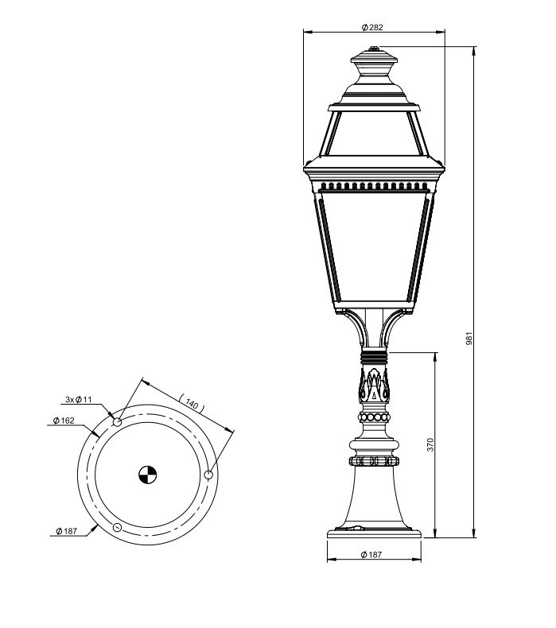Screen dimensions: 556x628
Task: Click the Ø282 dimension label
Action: [x=372, y=27]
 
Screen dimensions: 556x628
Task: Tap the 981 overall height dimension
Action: [x=469, y=338]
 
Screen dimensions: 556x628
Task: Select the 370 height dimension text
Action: [x=430, y=444]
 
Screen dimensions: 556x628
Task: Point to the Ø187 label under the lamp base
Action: [x=371, y=554]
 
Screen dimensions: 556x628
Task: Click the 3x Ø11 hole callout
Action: [x=79, y=399]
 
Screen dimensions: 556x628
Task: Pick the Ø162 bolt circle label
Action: [x=64, y=421]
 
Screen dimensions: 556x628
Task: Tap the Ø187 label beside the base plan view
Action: [x=66, y=531]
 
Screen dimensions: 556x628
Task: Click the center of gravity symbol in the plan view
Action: [x=147, y=475]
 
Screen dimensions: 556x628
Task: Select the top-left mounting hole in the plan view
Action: [x=117, y=422]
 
